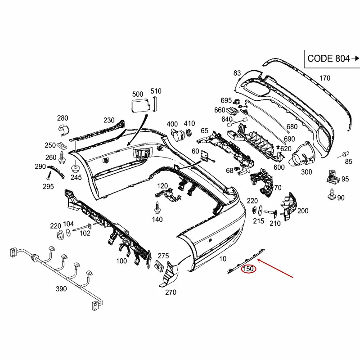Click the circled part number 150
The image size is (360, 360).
coord(248,270)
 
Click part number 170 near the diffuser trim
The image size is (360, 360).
coord(324,78)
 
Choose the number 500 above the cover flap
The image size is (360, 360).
coord(138,94)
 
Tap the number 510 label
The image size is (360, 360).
coord(155,91)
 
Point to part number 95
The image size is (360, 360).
coord(345,179)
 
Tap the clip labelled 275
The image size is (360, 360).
coord(160,266)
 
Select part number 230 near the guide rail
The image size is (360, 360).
coord(109,120)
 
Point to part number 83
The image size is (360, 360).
coord(237,73)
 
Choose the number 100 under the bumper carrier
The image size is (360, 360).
coord(121,261)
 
